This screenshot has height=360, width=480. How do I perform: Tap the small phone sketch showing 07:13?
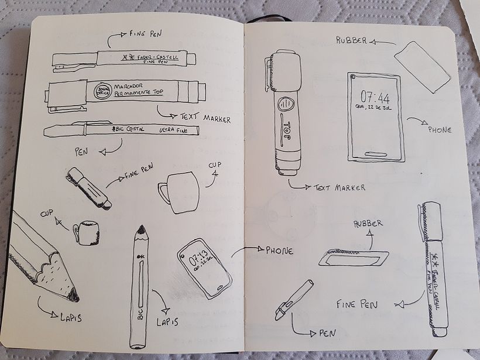click(204, 268)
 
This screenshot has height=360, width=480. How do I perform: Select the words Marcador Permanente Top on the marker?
click(139, 90)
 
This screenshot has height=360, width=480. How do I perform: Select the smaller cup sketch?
click(87, 233)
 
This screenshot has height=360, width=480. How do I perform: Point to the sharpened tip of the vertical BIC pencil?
click(140, 231)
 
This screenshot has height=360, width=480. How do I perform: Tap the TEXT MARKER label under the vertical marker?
click(339, 187)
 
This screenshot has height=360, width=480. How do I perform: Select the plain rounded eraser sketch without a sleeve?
click(422, 67)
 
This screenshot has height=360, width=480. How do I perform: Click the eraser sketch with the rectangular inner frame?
click(354, 257)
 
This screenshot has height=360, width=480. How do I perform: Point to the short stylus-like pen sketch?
click(293, 300)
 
